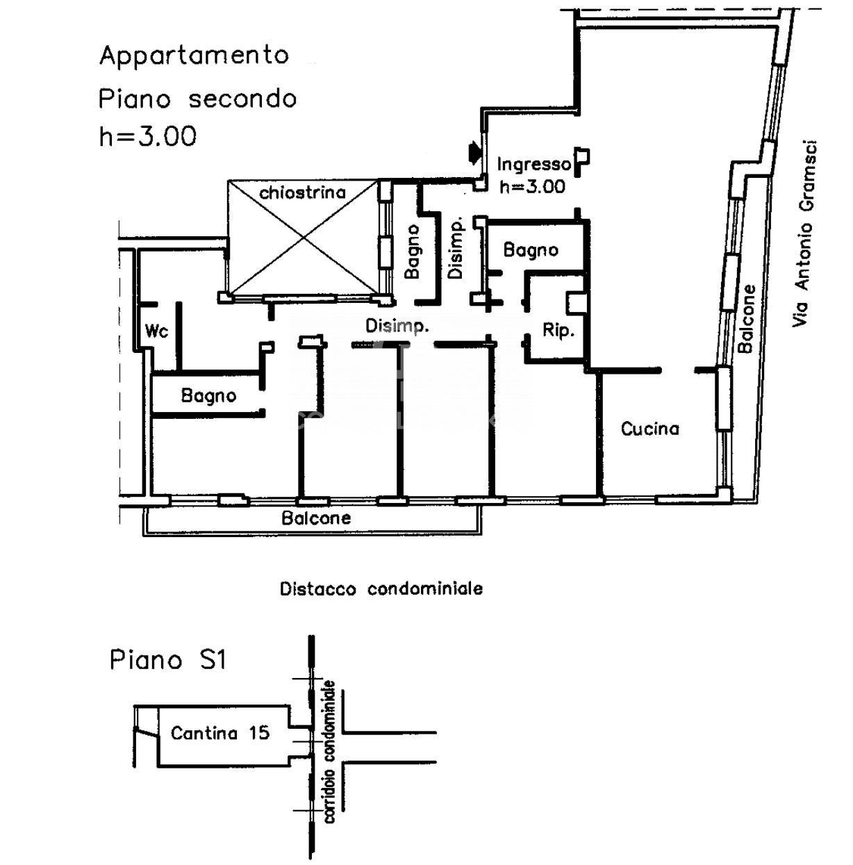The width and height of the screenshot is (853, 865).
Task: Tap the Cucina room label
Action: point(649,429)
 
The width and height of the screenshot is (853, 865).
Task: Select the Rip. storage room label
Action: point(558,331)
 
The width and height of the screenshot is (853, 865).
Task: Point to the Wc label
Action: point(157,331)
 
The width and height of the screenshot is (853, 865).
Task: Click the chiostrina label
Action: point(303,193)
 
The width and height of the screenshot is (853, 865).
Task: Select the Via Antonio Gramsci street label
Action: point(804,234)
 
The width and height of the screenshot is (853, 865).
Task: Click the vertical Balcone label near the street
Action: point(746,319)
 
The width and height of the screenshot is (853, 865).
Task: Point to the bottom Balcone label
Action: point(316,518)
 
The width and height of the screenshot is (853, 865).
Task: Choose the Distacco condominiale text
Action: point(381,588)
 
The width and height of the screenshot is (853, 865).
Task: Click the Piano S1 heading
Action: point(168,660)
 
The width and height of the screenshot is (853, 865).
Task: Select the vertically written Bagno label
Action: point(412,252)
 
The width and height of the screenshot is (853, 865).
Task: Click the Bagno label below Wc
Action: point(208,396)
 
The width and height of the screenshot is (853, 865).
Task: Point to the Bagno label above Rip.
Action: point(531,249)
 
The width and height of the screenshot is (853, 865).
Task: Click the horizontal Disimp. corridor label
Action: point(397,326)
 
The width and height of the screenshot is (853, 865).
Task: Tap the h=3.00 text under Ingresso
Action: point(533,186)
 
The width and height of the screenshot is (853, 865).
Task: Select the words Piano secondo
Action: point(197,99)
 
